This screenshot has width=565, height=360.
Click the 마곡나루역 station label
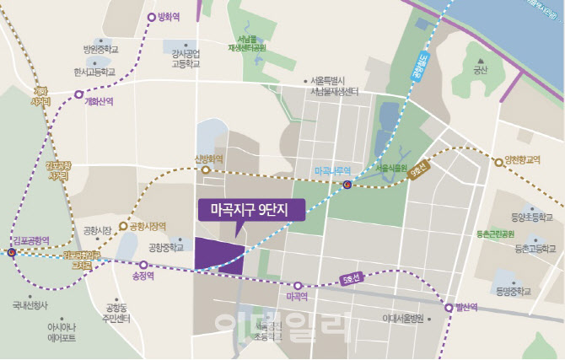click(331, 169)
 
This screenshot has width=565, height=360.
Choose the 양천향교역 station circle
click(498, 161)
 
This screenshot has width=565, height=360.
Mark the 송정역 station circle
click(143, 265)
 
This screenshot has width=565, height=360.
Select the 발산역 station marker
click(449, 308)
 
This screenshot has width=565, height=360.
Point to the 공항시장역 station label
click(147, 226)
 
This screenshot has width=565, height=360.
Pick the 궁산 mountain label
click(481, 71)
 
